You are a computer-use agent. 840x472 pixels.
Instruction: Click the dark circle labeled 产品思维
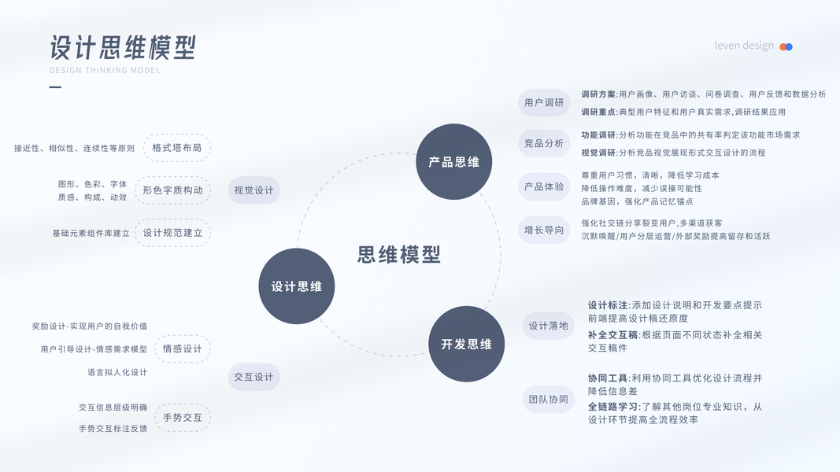click(x=453, y=162)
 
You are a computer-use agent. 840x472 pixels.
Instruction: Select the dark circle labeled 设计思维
click(x=297, y=286)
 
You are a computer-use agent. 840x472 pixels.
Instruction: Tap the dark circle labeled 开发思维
click(x=466, y=344)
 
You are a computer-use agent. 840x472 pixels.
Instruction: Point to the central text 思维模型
click(x=399, y=254)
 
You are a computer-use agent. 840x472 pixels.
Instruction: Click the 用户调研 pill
click(x=544, y=103)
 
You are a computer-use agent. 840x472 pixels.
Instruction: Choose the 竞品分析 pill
click(x=544, y=143)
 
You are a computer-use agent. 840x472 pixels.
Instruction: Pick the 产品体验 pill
click(x=544, y=186)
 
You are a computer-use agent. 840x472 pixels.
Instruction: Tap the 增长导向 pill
click(x=544, y=230)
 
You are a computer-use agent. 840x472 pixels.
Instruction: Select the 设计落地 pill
click(x=548, y=325)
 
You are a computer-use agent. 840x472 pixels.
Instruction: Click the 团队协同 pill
click(x=548, y=399)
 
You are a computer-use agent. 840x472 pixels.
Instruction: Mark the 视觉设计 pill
click(x=253, y=190)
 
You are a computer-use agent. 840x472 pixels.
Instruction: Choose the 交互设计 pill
click(x=253, y=377)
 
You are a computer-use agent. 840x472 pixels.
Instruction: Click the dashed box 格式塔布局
click(x=177, y=147)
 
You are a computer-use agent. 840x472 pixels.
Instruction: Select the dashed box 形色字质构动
click(x=172, y=190)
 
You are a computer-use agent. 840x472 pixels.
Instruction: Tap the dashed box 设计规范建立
click(x=172, y=233)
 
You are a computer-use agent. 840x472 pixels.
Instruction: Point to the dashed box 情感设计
click(x=182, y=348)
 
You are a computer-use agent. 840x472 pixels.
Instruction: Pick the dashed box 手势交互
click(x=182, y=417)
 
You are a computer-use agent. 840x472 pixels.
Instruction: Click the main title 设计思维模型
click(x=123, y=47)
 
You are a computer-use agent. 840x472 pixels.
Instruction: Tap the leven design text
click(x=744, y=46)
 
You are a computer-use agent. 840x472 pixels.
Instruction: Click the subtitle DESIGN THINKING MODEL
click(x=105, y=70)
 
